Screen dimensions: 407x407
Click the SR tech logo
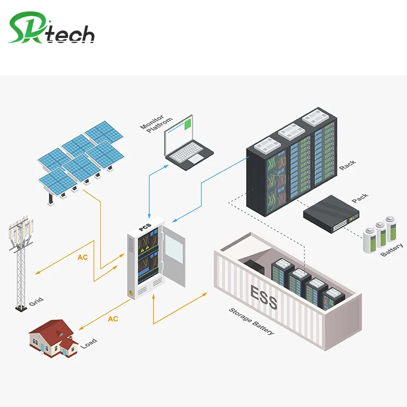pos(52,30)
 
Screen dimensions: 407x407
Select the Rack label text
pos(348,164)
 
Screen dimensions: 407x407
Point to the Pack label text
pos(360,199)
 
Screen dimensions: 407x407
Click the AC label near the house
pos(112,319)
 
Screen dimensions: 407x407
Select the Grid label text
pos(36,301)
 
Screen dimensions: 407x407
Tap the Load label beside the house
pos(88,344)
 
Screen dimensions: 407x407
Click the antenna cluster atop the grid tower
pos(20,231)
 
